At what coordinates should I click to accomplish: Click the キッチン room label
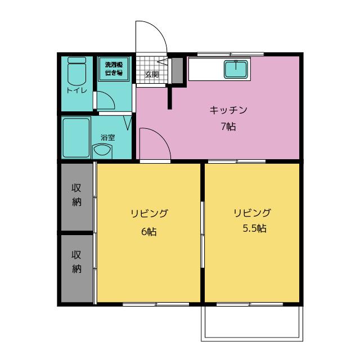coord(228,110)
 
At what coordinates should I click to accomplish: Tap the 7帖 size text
coord(228,127)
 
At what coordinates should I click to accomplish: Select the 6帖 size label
coord(148,231)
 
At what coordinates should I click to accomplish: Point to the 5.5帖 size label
coord(255,228)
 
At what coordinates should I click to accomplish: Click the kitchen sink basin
coord(236,69)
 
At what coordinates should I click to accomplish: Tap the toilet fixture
coord(76,71)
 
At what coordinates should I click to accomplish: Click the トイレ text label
coord(76,91)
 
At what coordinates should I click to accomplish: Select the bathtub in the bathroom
coord(76,138)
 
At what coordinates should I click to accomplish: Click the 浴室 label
coord(107,137)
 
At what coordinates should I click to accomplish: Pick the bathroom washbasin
coord(102,151)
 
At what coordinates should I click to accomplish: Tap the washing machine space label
coord(114,69)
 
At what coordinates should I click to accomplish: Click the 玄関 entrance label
coord(152,74)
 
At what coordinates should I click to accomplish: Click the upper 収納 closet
coord(76,197)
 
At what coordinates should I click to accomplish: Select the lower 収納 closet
coord(76,268)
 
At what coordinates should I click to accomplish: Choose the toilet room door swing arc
coord(110,96)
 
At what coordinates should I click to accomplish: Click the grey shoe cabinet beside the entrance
coord(178,70)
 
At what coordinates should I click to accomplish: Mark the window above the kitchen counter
coord(231,55)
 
